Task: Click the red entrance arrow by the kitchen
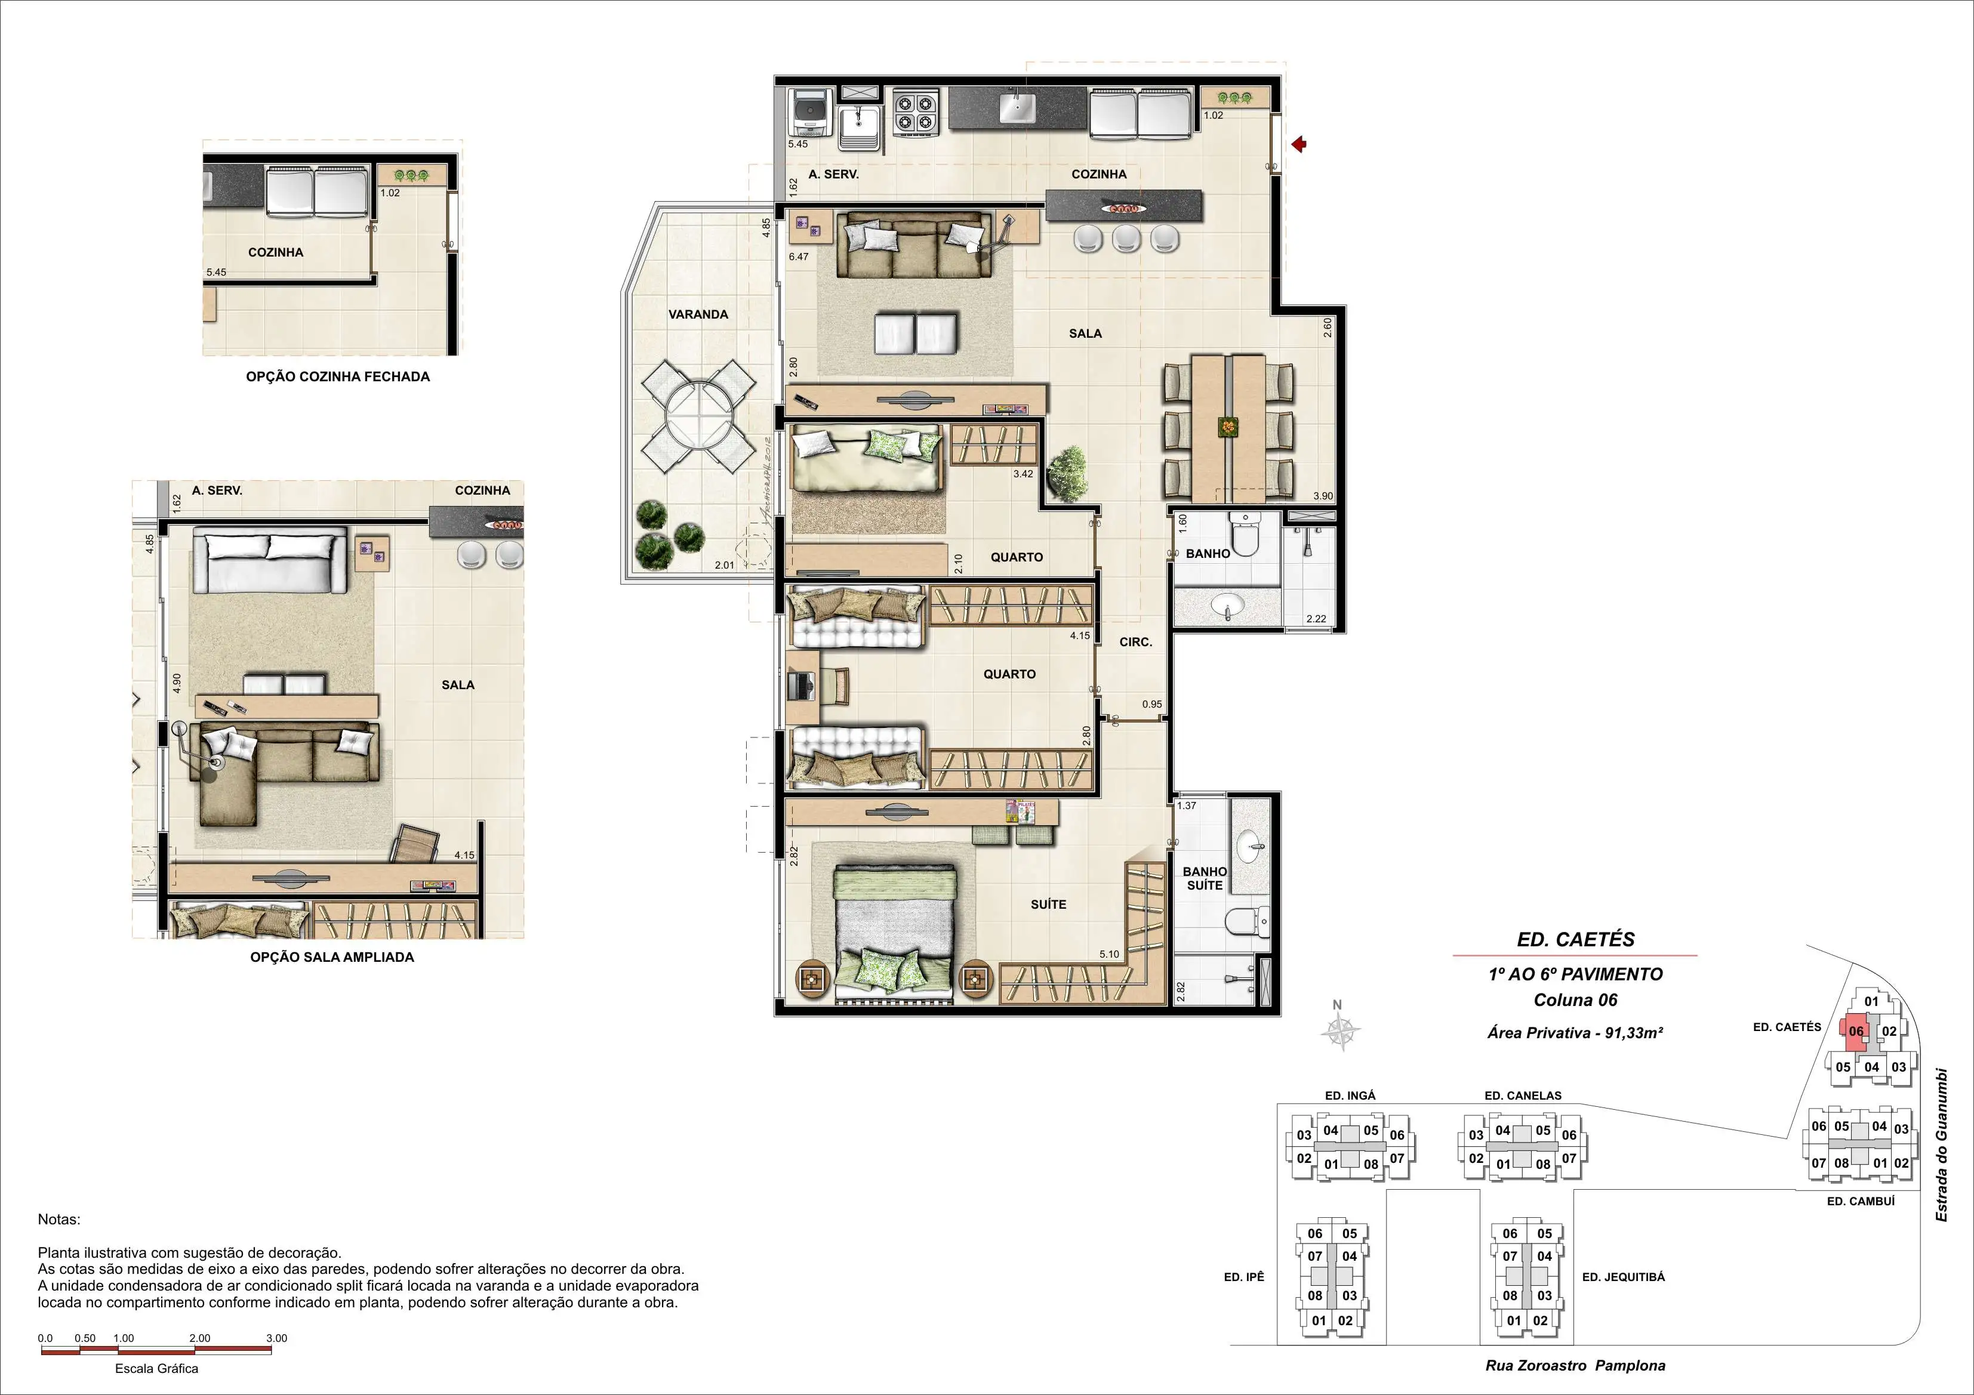pyautogui.click(x=1299, y=144)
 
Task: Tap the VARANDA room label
pyautogui.click(x=698, y=314)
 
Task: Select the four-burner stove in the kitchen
pyautogui.click(x=915, y=113)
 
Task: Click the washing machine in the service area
pyautogui.click(x=809, y=113)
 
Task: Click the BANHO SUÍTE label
pyautogui.click(x=1205, y=878)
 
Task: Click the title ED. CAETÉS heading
pyautogui.click(x=1575, y=940)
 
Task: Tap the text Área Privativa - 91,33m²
pyautogui.click(x=1575, y=1033)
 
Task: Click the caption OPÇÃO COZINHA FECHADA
pyautogui.click(x=338, y=376)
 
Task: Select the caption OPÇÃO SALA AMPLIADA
pyautogui.click(x=332, y=956)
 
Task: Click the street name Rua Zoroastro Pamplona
pyautogui.click(x=1575, y=1365)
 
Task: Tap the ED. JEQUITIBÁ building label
pyautogui.click(x=1623, y=1277)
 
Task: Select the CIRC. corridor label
pyautogui.click(x=1136, y=642)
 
